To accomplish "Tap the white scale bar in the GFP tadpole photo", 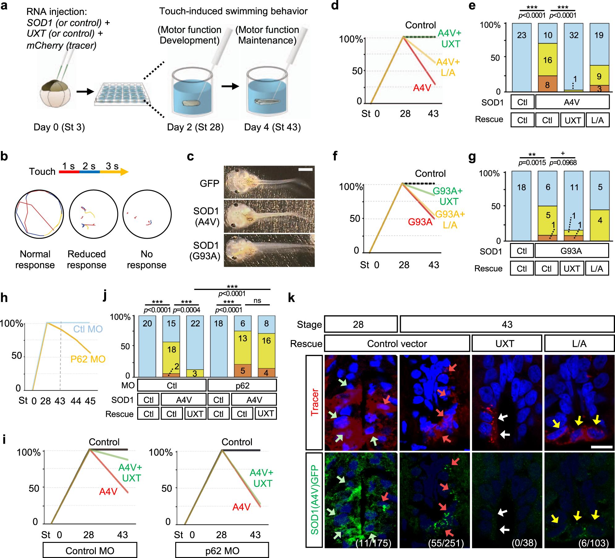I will [x=306, y=169].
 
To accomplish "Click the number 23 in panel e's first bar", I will [x=522, y=35].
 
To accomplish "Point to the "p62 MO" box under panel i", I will [x=222, y=551].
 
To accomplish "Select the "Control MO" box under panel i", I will [x=90, y=551].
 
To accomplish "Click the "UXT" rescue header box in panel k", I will [x=507, y=344].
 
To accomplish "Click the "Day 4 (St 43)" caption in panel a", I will [x=272, y=127].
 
